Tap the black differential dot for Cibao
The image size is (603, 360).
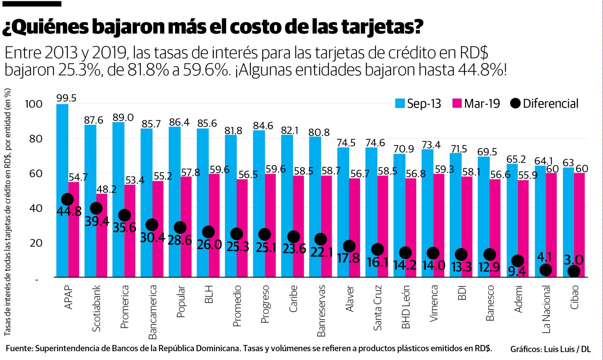point(573,271)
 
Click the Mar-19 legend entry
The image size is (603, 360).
point(476,104)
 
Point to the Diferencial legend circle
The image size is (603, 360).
point(516,104)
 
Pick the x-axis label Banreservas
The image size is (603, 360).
point(321,311)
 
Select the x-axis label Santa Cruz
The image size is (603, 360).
point(377,308)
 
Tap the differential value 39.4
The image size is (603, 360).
point(97,222)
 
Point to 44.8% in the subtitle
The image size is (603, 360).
point(482,70)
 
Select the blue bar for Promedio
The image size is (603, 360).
point(231,205)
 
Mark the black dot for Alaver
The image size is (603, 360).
point(349,246)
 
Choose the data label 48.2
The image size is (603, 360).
point(106,189)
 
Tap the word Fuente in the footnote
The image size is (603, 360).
point(19,349)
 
